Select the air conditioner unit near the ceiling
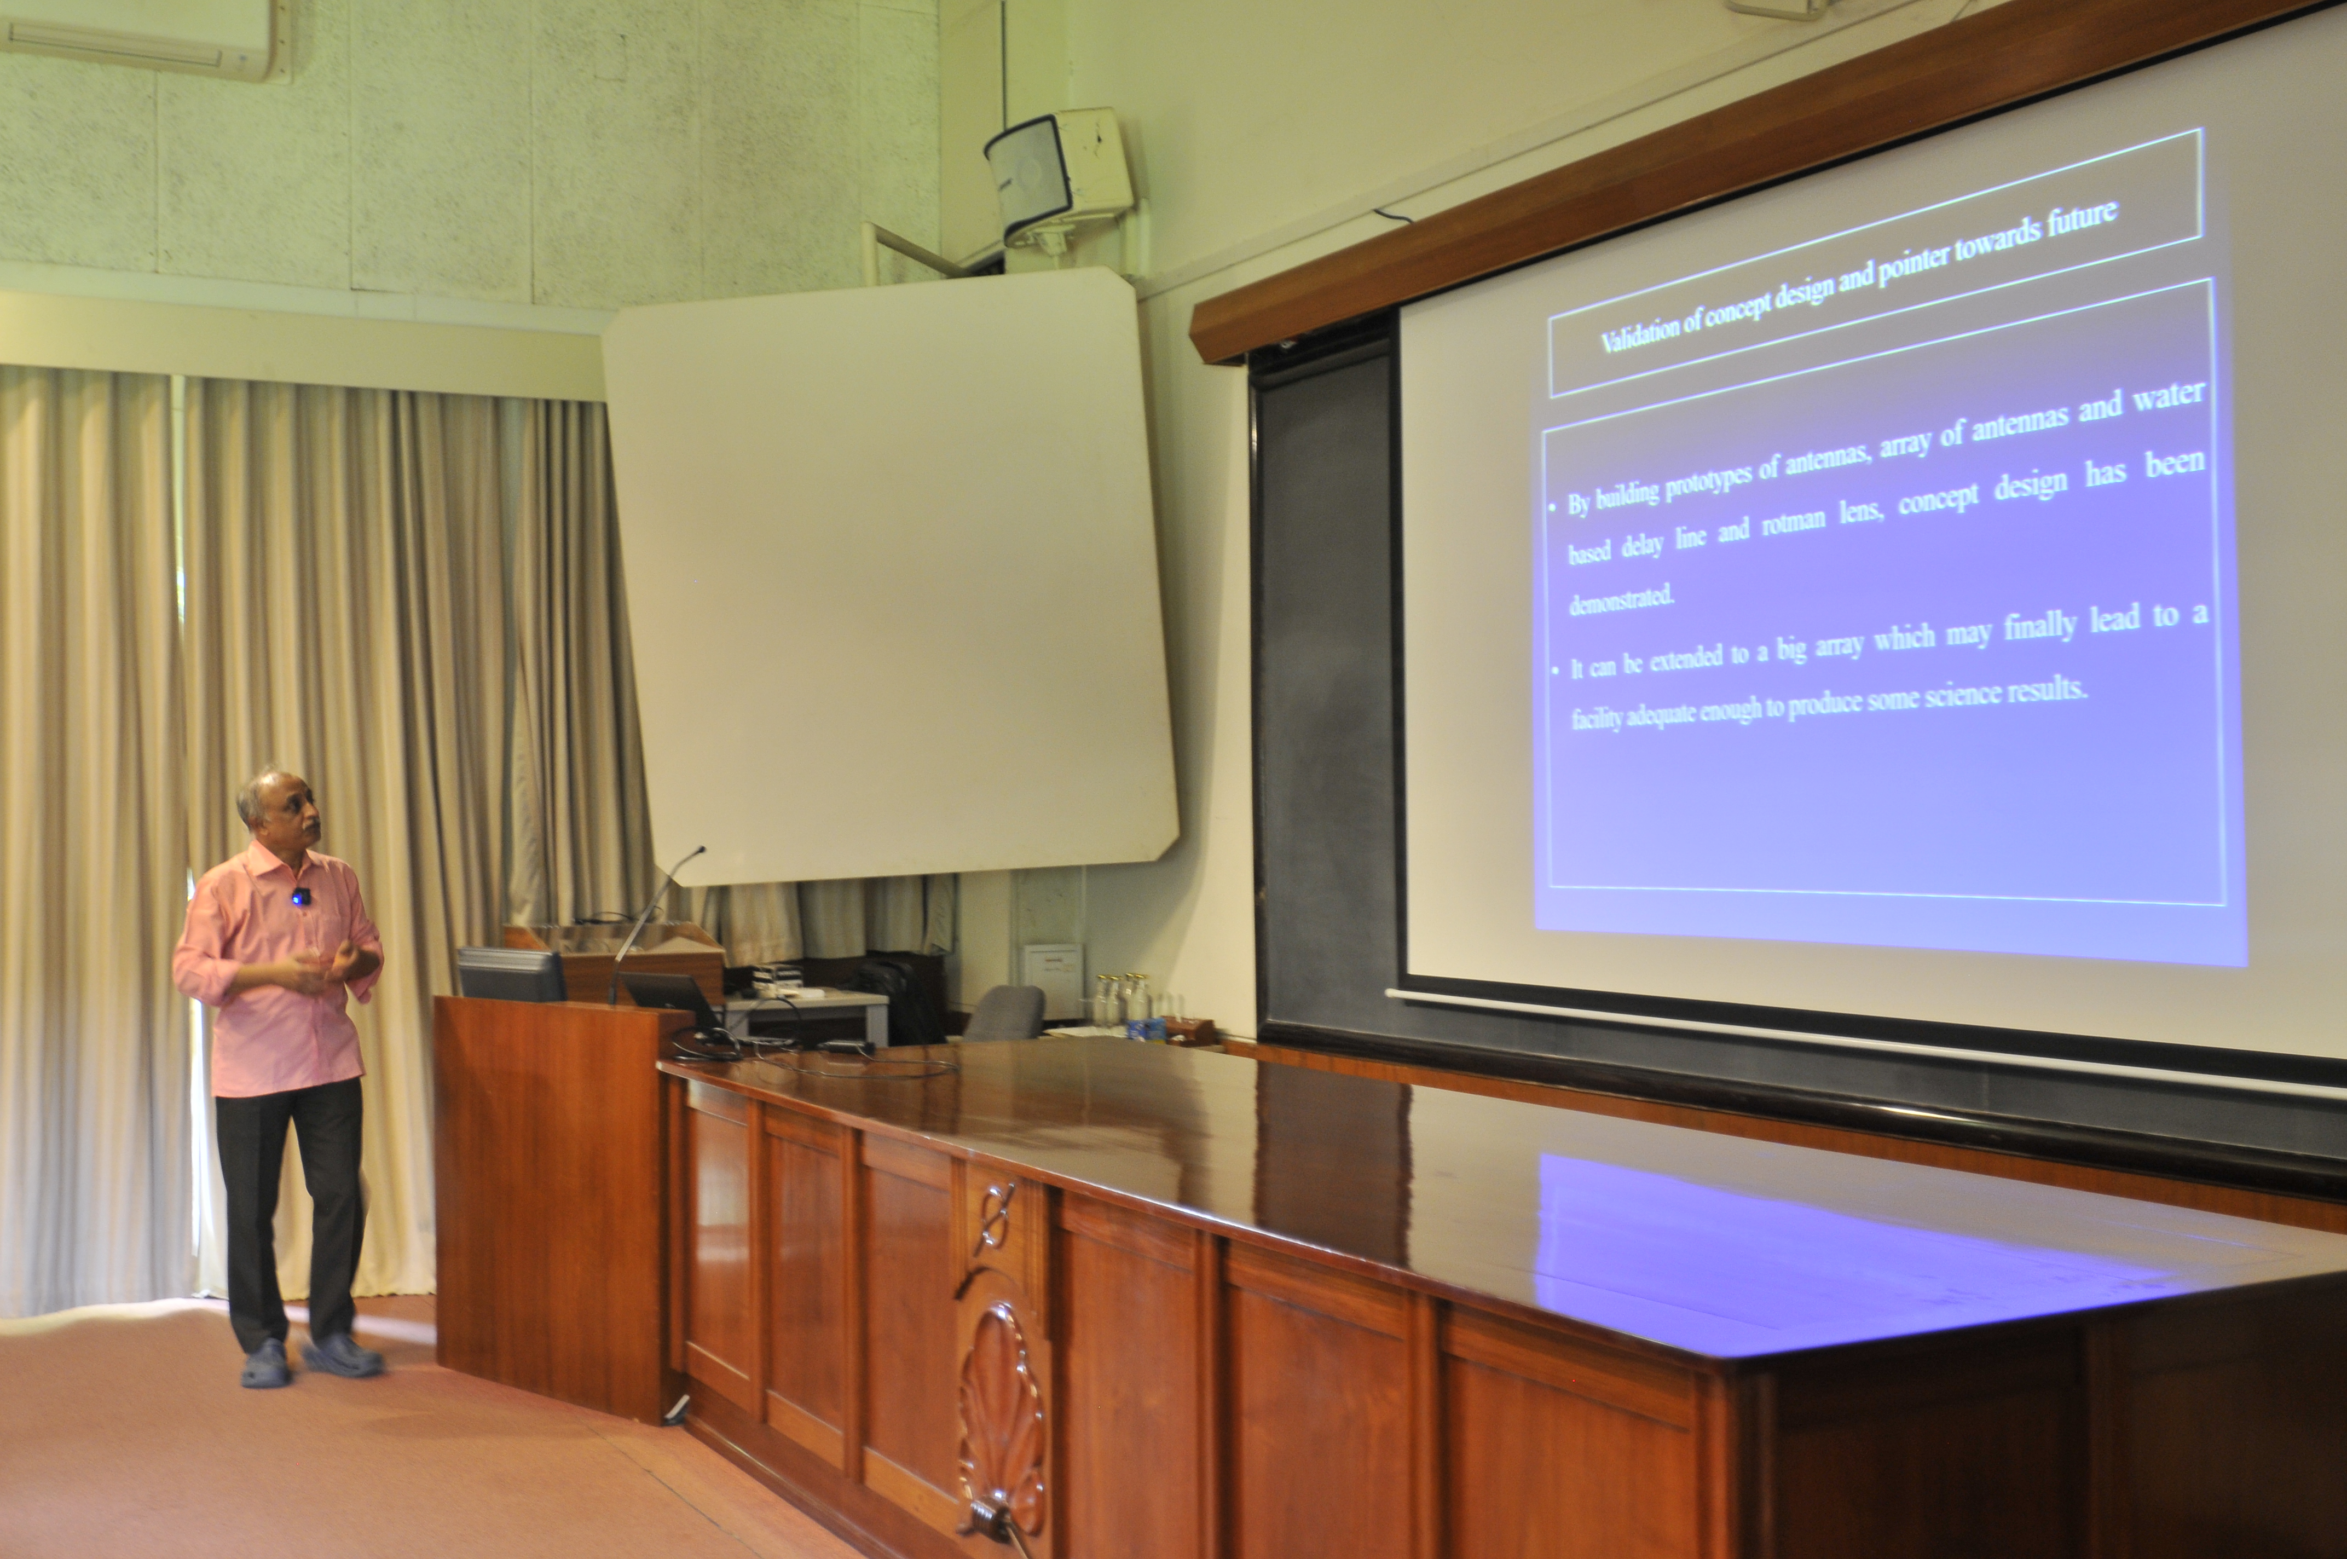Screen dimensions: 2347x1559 click(x=146, y=38)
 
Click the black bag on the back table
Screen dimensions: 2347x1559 click(x=900, y=996)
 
